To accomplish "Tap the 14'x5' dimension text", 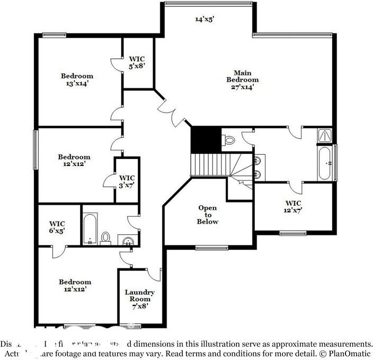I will (205, 19).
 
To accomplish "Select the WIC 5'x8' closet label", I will (137, 62).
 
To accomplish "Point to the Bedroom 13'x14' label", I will (76, 80).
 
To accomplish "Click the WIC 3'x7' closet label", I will (127, 181).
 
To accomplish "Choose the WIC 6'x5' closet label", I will (57, 227).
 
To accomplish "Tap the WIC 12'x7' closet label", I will (293, 206).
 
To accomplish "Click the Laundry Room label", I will (139, 298).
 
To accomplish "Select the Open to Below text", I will (208, 215).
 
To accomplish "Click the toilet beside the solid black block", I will (229, 140).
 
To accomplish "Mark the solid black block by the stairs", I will (206, 138).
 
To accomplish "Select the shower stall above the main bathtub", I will (324, 136).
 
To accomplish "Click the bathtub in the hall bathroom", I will (90, 229).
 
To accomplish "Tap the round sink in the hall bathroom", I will (127, 241).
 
